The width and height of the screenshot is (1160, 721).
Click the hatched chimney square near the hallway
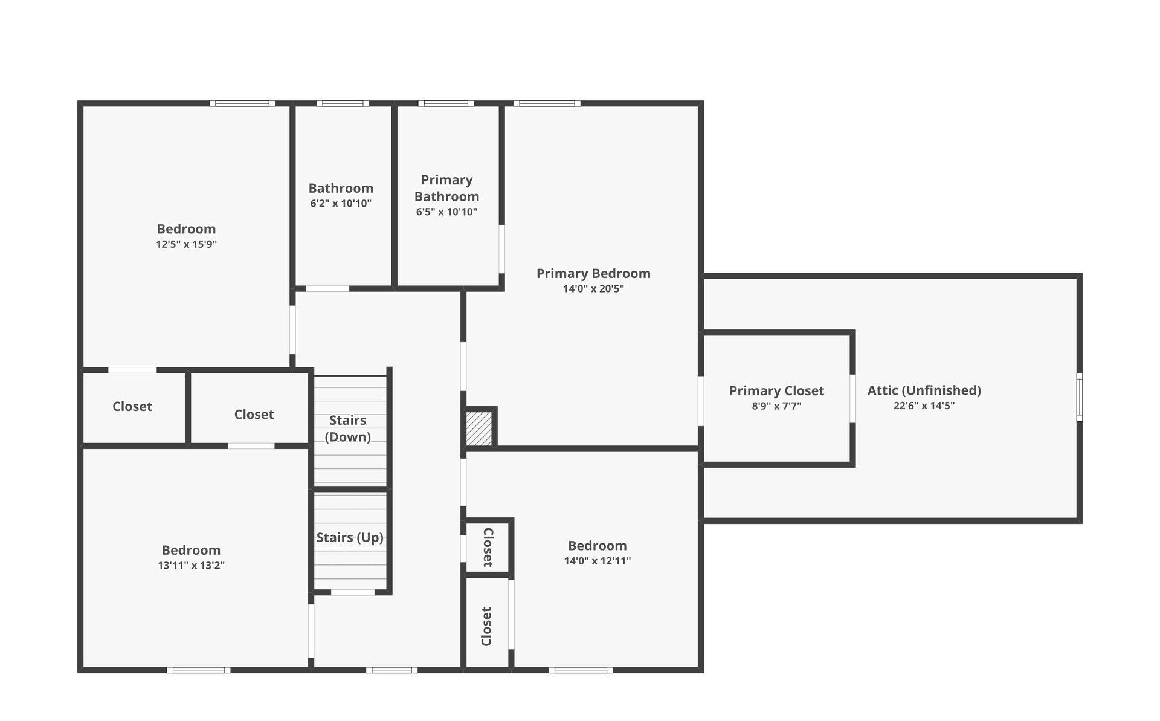(x=480, y=429)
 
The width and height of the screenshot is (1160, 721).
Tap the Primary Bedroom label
(x=593, y=274)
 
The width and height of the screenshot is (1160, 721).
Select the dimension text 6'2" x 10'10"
(x=341, y=204)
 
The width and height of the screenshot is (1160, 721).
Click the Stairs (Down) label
(x=347, y=428)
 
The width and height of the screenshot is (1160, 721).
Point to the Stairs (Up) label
(x=350, y=537)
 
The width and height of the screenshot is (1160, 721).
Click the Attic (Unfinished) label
(x=924, y=390)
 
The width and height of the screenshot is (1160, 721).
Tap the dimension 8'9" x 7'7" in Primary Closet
(x=776, y=406)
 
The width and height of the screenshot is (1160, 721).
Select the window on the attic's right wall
(x=1079, y=397)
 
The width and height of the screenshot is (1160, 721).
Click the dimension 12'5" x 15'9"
(x=186, y=244)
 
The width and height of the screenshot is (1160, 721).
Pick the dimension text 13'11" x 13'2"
(x=191, y=566)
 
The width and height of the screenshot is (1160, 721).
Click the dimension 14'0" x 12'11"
(x=597, y=561)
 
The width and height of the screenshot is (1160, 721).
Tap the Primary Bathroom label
(x=446, y=188)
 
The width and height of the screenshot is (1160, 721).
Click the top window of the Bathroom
(x=343, y=103)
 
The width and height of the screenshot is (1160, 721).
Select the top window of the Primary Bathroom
(x=446, y=103)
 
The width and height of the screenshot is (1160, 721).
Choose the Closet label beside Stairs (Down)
(x=254, y=415)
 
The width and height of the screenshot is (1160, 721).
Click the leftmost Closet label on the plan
(x=132, y=407)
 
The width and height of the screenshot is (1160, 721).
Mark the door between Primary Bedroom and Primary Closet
(x=701, y=401)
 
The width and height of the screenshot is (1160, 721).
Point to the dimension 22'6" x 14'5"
(x=924, y=406)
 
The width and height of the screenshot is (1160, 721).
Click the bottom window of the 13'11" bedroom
(x=199, y=670)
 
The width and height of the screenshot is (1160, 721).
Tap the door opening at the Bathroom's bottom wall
(x=327, y=288)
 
